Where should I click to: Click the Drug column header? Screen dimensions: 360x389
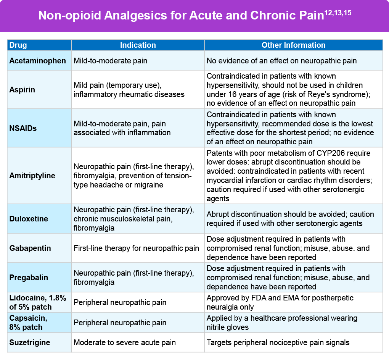click(x=18, y=45)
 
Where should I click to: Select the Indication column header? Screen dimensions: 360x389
click(x=138, y=45)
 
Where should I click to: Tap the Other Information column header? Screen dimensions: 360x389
click(x=293, y=45)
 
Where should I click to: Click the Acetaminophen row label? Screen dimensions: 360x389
click(x=37, y=61)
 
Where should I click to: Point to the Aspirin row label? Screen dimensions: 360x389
click(x=22, y=90)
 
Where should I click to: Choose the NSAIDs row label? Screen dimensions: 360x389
click(x=23, y=128)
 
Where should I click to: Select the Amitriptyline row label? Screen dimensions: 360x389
click(x=32, y=176)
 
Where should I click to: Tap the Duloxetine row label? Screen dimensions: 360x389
click(x=29, y=219)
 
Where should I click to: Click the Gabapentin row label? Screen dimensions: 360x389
click(x=30, y=248)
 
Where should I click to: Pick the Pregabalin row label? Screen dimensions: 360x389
click(x=29, y=278)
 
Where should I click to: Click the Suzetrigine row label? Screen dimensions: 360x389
click(x=29, y=342)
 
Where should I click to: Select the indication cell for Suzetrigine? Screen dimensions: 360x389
click(x=125, y=342)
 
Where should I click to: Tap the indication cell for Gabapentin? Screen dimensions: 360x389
click(x=136, y=248)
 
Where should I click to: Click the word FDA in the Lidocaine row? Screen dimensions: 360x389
click(x=249, y=298)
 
